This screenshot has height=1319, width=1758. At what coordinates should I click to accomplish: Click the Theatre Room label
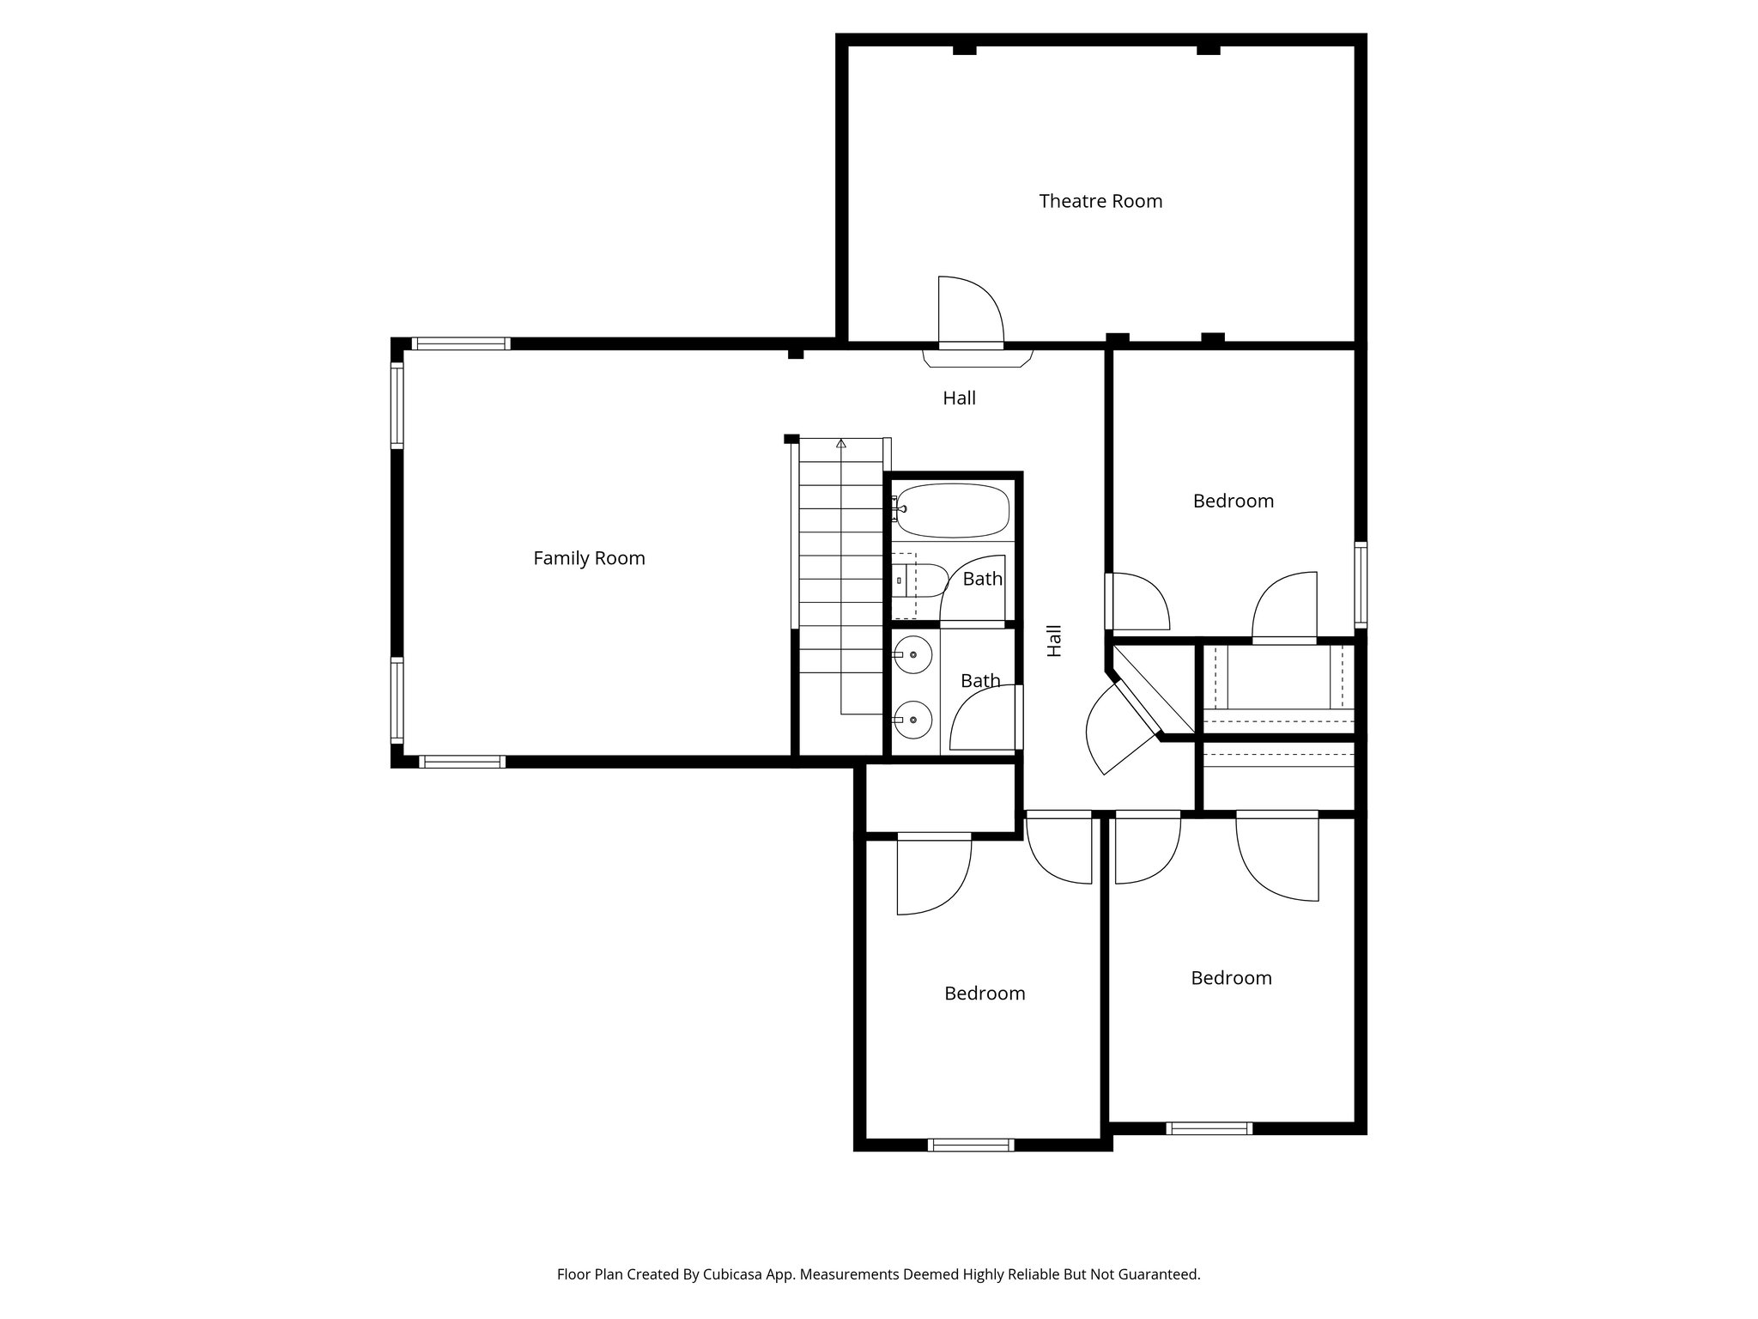[x=1100, y=201]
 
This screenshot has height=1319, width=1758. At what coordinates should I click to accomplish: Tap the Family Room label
[x=589, y=558]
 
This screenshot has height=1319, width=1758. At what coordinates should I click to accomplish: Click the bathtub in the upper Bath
[x=953, y=510]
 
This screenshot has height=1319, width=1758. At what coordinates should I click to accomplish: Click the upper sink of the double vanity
[x=912, y=655]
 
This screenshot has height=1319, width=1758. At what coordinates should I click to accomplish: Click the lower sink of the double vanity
[x=912, y=719]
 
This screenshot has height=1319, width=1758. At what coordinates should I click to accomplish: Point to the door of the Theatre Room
[x=970, y=314]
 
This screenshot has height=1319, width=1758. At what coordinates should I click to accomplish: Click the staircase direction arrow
[x=841, y=444]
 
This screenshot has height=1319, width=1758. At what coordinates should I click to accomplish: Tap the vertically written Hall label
[x=1054, y=641]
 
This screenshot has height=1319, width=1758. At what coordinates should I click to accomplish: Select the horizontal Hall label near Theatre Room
[x=959, y=398]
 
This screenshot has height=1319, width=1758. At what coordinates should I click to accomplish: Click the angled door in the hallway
[x=1116, y=730]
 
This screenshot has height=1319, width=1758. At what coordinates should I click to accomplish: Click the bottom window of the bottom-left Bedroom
[x=971, y=1145]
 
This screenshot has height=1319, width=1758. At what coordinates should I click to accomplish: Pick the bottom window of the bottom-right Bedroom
[x=1209, y=1128]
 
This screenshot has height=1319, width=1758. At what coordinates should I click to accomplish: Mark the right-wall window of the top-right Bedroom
[x=1361, y=584]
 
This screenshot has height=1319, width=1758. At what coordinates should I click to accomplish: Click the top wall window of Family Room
[x=461, y=343]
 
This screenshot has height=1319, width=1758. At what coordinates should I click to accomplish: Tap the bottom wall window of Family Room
[x=462, y=762]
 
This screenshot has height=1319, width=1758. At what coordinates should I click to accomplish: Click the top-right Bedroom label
[x=1233, y=501]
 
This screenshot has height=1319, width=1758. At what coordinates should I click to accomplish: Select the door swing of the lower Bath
[x=983, y=720]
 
